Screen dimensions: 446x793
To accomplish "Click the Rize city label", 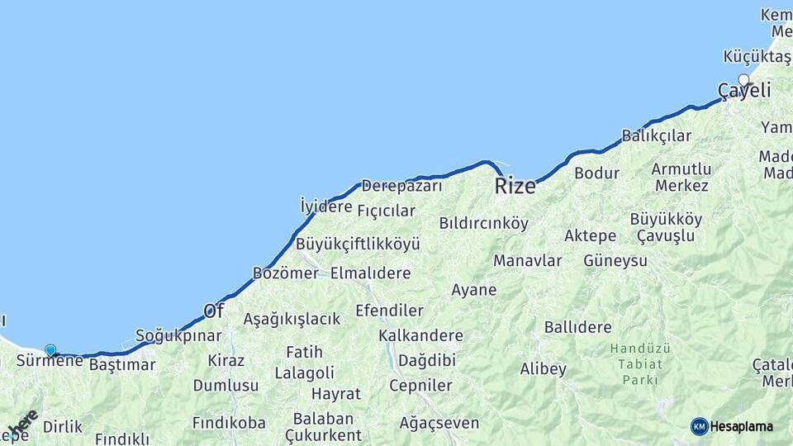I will [x=515, y=187].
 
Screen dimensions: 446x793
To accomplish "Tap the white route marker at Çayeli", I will [x=744, y=80].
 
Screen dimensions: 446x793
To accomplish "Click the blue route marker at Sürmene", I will [x=50, y=350].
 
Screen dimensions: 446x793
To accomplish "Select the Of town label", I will [x=214, y=311].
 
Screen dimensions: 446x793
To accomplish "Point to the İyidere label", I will [x=326, y=206].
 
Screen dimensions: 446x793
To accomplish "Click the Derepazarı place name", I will [x=401, y=186].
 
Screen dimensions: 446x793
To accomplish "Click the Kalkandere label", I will [x=420, y=335].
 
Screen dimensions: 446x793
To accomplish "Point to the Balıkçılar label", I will [x=657, y=135].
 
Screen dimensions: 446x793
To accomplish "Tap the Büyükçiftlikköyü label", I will [x=358, y=244].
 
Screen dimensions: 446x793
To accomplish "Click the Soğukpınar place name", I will [x=178, y=335].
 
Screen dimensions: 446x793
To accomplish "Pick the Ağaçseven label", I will [x=439, y=423].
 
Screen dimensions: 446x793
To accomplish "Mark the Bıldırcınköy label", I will [x=483, y=223].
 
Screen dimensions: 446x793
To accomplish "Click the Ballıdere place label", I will [x=577, y=327].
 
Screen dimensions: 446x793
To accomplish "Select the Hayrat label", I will [x=335, y=394].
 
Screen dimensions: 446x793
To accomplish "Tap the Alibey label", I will [x=544, y=368].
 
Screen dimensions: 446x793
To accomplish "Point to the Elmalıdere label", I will [x=370, y=273].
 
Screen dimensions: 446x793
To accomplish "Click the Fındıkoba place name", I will [x=229, y=423].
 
